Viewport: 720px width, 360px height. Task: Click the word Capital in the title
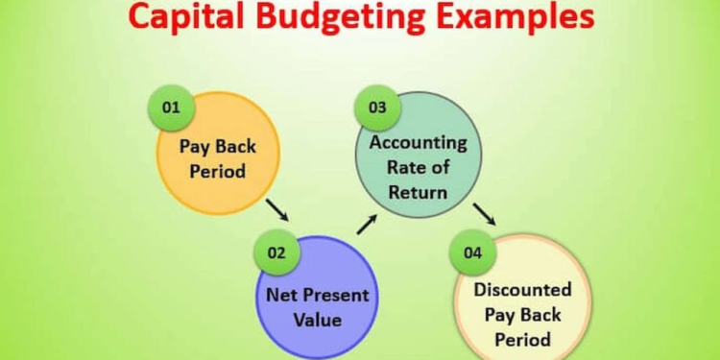pos(181,17)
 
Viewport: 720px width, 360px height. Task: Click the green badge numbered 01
pos(171,108)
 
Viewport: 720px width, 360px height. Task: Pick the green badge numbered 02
pos(276,253)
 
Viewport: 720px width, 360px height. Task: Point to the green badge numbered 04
pos(471,253)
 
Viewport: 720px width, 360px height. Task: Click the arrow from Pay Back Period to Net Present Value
pos(277,208)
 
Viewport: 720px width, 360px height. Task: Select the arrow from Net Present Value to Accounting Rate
pos(367,225)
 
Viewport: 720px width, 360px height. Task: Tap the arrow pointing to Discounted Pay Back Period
pos(484,214)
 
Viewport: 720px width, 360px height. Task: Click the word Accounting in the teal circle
pos(418,143)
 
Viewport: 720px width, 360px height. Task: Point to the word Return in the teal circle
pos(419,191)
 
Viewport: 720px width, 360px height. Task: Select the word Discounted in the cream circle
pos(522,289)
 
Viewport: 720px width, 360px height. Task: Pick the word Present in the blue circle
pos(336,295)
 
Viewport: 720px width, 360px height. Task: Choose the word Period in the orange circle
pos(218,173)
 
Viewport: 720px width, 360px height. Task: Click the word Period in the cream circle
pos(522,339)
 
